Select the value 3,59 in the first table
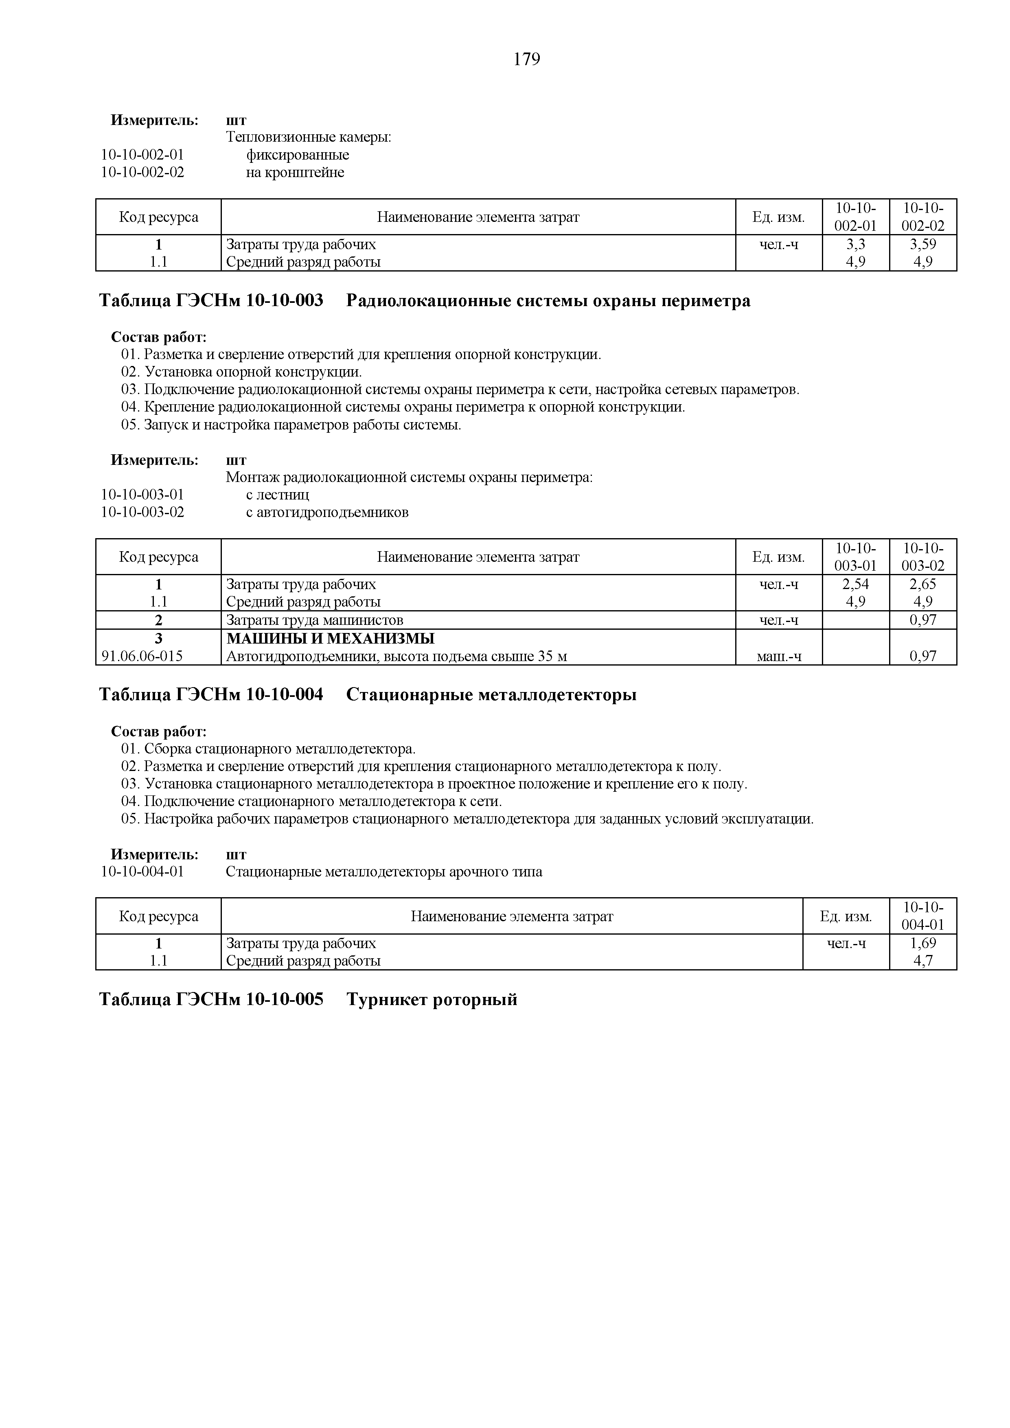point(923,244)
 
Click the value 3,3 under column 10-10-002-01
point(855,244)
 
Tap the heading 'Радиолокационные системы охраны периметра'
point(548,301)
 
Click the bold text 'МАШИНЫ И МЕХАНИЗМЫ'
point(330,639)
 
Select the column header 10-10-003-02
point(923,556)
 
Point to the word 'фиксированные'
point(297,155)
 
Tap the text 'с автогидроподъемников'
point(327,513)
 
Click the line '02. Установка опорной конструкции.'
point(241,372)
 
